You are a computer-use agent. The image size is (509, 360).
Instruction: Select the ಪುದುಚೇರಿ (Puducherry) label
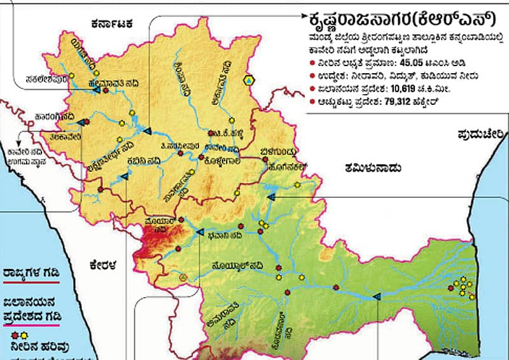click(x=480, y=134)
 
